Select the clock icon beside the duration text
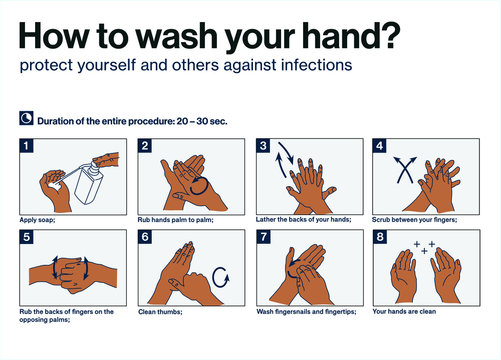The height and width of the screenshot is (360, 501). tap(25, 120)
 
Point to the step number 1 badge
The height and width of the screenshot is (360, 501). tap(26, 146)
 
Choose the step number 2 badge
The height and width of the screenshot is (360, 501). tap(144, 146)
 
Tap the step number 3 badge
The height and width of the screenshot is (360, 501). tap(263, 146)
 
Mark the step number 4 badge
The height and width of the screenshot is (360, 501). tap(381, 146)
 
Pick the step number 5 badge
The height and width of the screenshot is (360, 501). tap(26, 237)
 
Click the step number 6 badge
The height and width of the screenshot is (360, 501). tap(144, 237)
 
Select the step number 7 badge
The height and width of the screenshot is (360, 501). tap(263, 237)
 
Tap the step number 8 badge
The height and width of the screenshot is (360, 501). tap(381, 237)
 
